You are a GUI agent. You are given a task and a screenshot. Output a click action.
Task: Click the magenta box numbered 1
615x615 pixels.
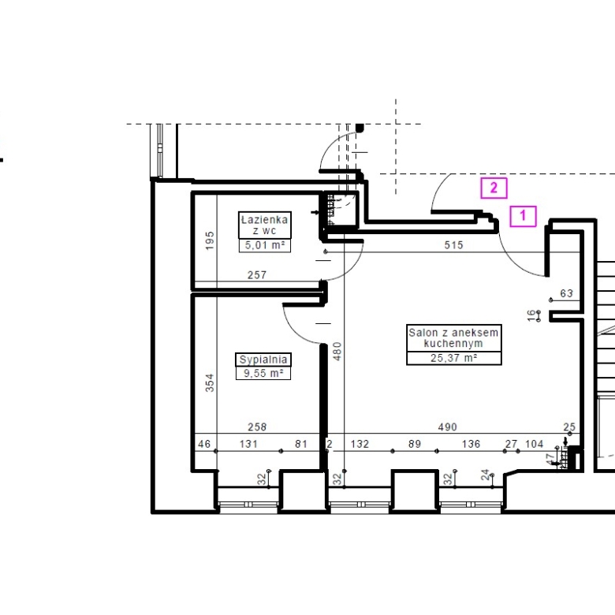coord(523,216)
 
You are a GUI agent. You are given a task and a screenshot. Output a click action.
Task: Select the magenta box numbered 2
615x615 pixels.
coord(494,188)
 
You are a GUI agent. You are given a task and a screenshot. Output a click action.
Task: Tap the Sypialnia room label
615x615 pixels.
coord(263,360)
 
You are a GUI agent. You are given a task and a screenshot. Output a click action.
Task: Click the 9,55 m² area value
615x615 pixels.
coord(263,373)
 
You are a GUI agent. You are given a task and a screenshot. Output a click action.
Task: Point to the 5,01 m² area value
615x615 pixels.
coord(265,245)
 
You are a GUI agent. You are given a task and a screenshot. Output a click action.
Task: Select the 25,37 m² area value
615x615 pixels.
coord(454,358)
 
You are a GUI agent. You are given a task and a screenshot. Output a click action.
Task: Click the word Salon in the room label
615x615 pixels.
coord(423,333)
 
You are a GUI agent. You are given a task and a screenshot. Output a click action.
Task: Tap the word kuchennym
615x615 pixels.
coord(453,344)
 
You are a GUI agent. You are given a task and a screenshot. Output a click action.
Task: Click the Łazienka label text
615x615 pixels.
coord(264,220)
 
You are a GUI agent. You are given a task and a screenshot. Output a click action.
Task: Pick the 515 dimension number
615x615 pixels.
coord(454,245)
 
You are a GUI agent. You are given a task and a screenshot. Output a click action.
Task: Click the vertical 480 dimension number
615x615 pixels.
coord(337,352)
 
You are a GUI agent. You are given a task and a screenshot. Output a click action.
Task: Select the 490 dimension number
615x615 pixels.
coord(448,427)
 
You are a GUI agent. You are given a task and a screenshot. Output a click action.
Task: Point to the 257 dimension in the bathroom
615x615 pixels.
coord(257,275)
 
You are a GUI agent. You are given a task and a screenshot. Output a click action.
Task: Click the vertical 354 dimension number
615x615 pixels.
coord(211,383)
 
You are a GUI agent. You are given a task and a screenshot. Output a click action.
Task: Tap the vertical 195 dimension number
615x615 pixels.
coord(211,240)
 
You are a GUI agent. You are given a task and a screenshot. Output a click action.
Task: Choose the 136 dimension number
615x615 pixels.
coord(471,444)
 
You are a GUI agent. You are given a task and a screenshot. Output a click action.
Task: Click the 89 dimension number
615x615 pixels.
coord(415,444)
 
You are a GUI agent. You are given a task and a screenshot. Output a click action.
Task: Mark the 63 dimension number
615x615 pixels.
coord(567,293)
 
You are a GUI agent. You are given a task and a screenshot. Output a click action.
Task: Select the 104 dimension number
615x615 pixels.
coord(535,444)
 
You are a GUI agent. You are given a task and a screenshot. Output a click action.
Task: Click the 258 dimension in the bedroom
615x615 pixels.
coord(257,427)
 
